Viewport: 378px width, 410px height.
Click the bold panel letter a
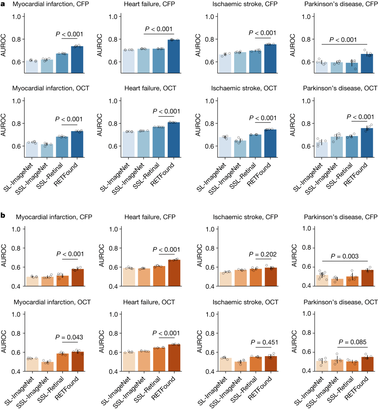click(3, 4)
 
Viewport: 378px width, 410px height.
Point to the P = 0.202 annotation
click(262, 255)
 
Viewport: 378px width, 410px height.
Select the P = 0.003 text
click(344, 256)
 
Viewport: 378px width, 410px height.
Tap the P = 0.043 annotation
click(69, 337)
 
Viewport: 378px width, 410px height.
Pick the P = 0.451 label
click(264, 342)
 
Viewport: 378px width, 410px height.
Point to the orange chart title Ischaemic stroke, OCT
click(245, 302)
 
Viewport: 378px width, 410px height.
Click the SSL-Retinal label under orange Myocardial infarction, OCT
click(50, 389)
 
